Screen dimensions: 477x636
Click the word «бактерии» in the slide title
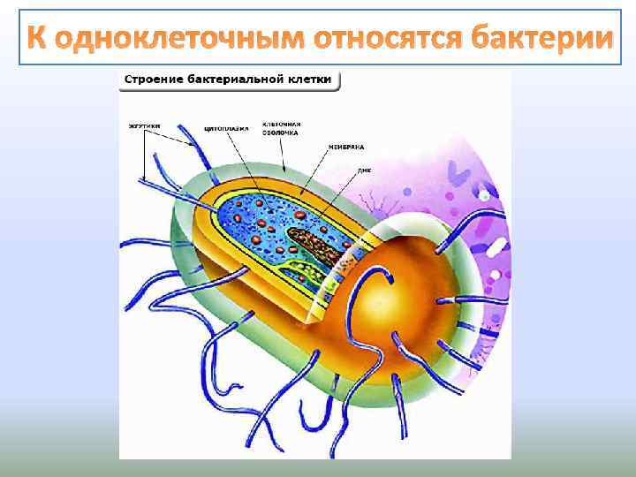coord(541,39)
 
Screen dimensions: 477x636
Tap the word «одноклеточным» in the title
coord(179,39)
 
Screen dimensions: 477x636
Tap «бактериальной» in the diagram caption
coord(236,79)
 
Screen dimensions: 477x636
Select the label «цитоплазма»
coord(221,126)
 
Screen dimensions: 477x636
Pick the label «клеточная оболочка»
coord(284,129)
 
